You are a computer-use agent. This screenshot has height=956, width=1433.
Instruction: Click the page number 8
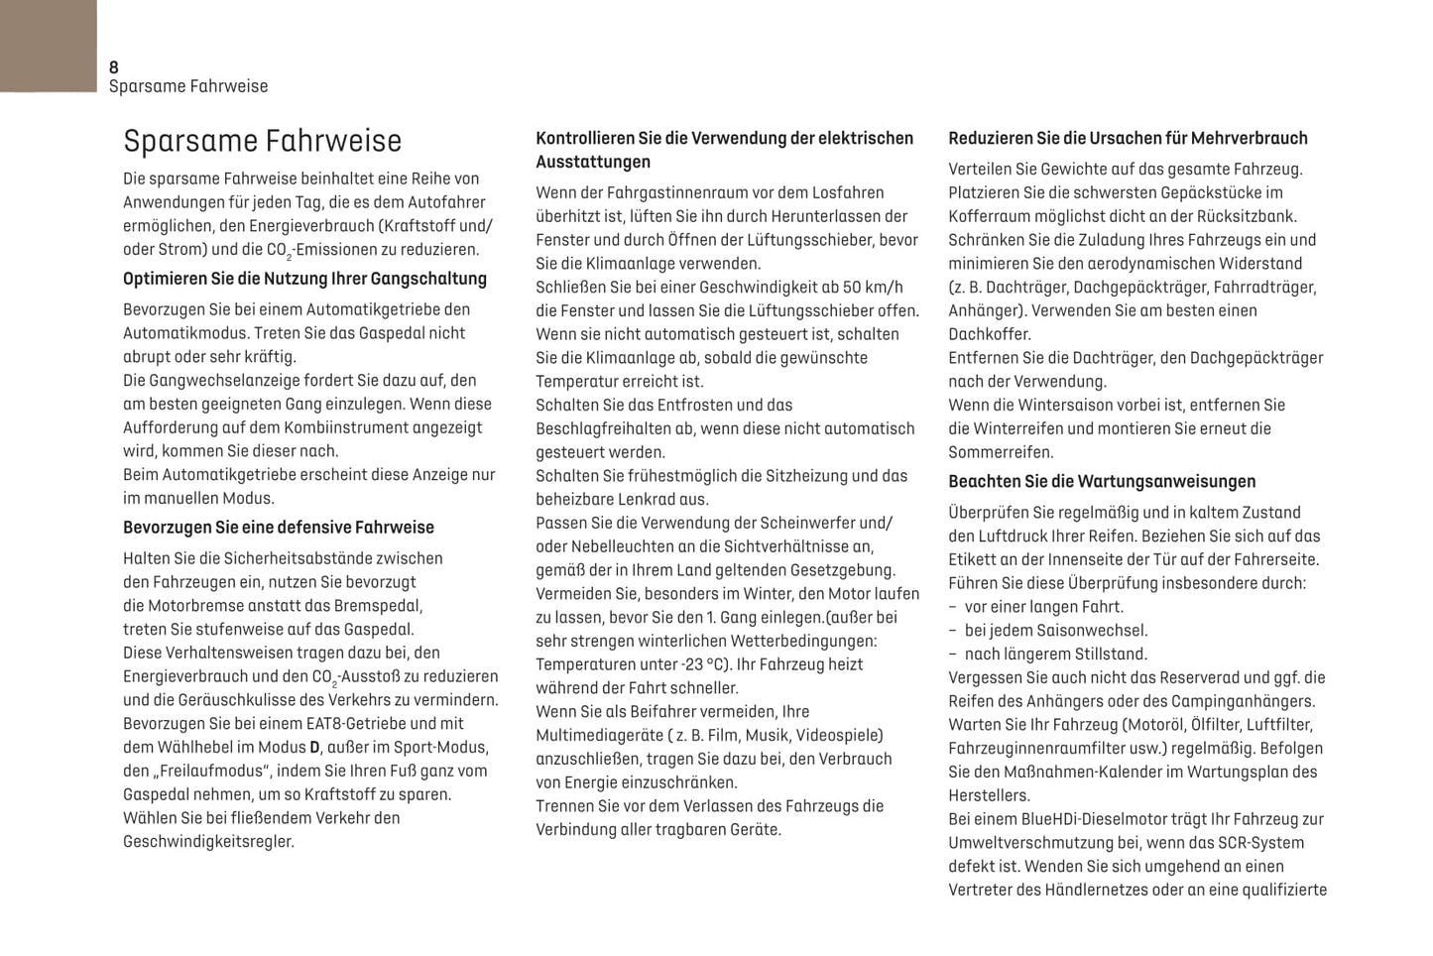(x=114, y=67)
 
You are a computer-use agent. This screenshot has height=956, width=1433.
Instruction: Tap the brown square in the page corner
(x=48, y=45)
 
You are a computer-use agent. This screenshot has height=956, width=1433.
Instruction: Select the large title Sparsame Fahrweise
(x=262, y=141)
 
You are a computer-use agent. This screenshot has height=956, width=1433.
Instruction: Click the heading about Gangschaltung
(x=304, y=279)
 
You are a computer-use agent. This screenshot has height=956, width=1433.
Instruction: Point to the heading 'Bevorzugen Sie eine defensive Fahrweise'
(x=278, y=528)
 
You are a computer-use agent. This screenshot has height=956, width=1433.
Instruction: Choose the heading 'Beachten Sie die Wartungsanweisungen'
(x=1101, y=482)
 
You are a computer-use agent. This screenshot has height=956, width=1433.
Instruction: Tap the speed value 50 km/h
(x=873, y=288)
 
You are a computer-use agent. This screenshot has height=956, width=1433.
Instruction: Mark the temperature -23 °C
(x=691, y=665)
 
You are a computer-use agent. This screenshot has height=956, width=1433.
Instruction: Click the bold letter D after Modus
(x=314, y=748)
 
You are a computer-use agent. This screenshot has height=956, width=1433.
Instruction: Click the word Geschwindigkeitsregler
(x=208, y=842)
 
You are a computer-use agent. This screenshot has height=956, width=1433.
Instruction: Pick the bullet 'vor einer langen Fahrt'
(x=1043, y=607)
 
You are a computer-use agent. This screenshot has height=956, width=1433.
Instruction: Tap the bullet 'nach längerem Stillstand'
(x=1055, y=655)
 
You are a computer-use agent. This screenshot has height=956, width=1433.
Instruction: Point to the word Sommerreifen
(x=1001, y=453)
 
